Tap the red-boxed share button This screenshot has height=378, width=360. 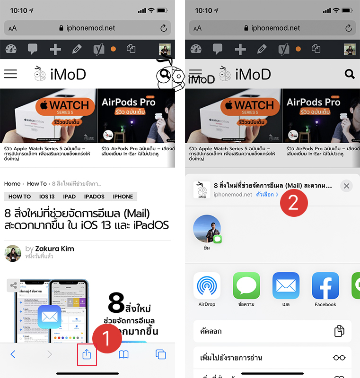87,354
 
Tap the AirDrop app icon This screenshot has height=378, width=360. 207,285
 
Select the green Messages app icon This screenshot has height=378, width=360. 246,285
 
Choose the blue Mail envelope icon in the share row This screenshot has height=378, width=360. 286,285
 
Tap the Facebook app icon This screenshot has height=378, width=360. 325,285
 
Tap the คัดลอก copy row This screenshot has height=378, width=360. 272,331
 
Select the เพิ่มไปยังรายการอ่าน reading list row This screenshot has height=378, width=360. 272,358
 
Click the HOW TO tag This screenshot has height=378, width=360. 19,197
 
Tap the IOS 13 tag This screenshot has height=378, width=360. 47,197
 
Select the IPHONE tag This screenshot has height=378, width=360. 123,197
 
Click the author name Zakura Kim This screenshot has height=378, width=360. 54,249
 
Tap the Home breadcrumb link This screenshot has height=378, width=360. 12,184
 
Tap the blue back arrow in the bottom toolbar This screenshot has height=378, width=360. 13,354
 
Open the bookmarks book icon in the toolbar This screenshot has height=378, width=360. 123,354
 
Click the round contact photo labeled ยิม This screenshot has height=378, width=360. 207,229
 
